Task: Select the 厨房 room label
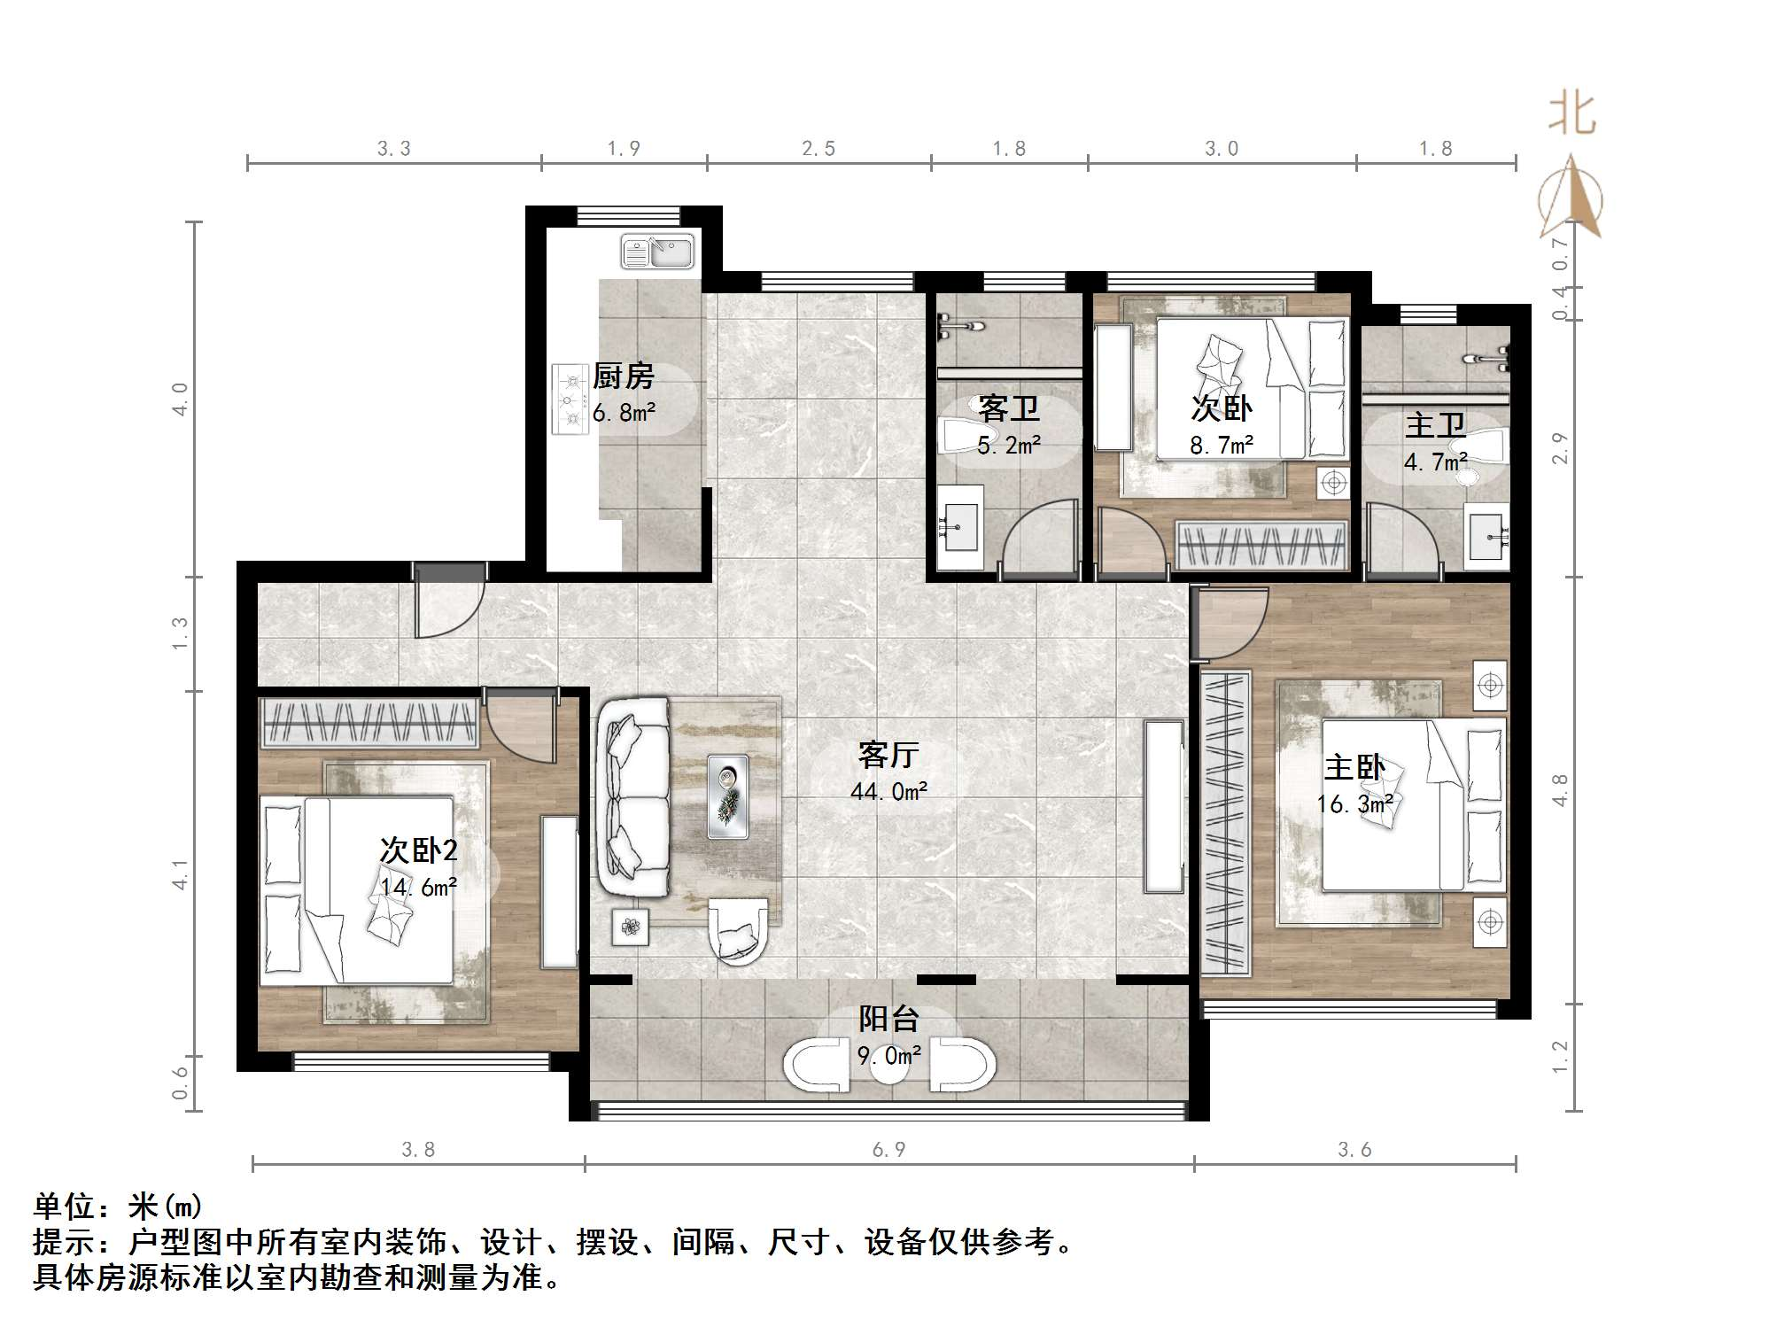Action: coord(623,377)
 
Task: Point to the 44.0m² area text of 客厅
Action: coord(888,792)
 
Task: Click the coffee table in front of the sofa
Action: coord(728,796)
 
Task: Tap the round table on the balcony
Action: coord(888,1067)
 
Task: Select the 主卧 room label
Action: coord(1354,767)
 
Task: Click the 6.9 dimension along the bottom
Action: coord(888,1150)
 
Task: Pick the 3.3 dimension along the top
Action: coord(394,149)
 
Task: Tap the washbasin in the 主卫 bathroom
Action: coord(1487,534)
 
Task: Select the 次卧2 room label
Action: coord(418,850)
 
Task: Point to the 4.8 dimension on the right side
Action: coord(1560,790)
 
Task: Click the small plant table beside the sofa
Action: coord(631,927)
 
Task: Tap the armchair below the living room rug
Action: coord(738,932)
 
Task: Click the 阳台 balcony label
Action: coord(888,1019)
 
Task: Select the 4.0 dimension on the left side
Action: coord(180,400)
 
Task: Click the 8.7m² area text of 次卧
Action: coord(1222,446)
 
